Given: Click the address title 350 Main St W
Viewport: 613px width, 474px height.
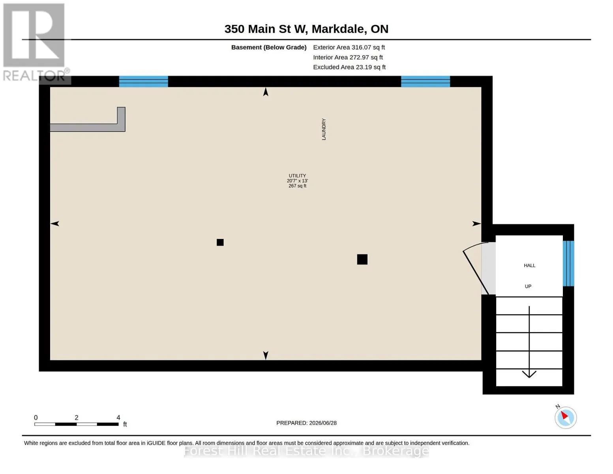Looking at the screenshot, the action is (266, 29).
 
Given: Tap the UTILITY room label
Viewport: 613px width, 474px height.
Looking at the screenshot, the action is (297, 176).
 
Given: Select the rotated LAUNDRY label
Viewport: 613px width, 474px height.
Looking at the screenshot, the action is (324, 129).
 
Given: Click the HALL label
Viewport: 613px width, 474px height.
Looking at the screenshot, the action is (529, 265).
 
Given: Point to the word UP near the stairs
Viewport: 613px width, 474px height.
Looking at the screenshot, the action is (528, 286).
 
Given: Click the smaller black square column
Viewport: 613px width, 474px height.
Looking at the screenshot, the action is (220, 242).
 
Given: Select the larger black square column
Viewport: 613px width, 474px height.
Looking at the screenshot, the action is (362, 259).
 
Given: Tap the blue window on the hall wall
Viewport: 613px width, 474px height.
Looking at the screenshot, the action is (568, 263).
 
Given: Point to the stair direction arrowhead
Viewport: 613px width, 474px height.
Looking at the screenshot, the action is (529, 374).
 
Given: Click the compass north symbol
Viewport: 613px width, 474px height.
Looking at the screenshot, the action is (565, 418).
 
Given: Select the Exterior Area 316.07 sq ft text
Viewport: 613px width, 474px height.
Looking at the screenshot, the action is (349, 47).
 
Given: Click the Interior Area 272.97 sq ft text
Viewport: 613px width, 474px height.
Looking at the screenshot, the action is (347, 57).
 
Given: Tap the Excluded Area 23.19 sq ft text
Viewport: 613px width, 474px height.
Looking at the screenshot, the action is (349, 67).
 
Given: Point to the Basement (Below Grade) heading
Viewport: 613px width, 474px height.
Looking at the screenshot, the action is (268, 47).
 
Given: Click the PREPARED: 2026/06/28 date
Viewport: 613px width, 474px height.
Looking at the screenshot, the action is (306, 423).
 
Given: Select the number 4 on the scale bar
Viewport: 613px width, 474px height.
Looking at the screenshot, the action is (118, 417).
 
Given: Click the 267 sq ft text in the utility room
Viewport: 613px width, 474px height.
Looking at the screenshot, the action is (297, 186).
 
